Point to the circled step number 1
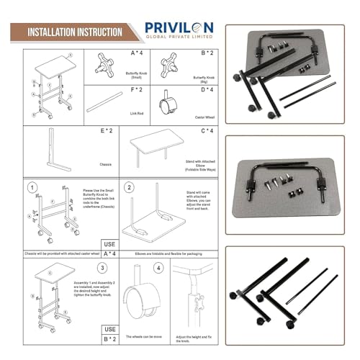[31, 189]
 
